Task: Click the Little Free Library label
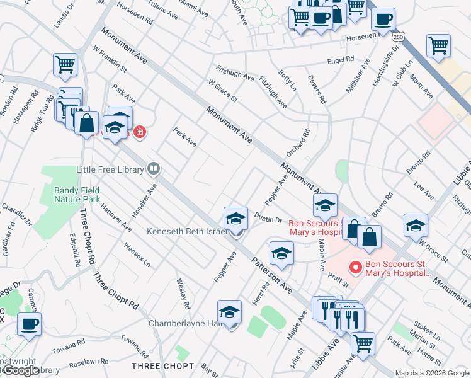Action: tap(110, 169)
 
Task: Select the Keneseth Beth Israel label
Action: tap(186, 231)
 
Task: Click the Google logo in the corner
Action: tap(21, 370)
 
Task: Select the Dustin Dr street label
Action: tap(268, 218)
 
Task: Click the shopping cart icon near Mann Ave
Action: tap(438, 45)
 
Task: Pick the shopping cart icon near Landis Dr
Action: tap(65, 64)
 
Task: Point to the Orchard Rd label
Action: tap(298, 143)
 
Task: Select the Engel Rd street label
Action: tap(341, 62)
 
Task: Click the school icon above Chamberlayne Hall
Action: tap(230, 311)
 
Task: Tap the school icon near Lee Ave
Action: tap(416, 225)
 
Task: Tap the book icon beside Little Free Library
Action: tap(153, 169)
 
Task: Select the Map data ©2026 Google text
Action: tap(433, 373)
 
